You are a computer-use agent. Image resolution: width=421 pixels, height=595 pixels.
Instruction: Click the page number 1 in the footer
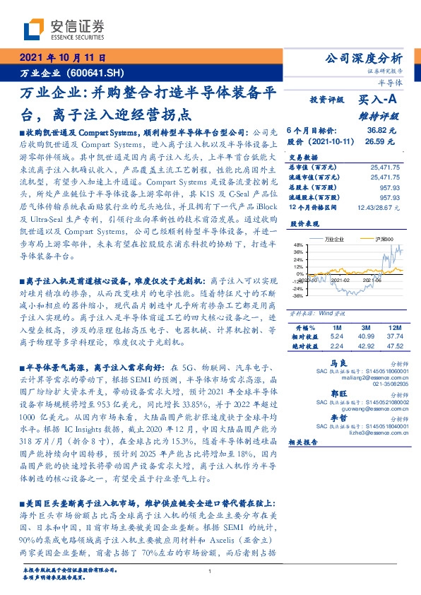click(x=210, y=571)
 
